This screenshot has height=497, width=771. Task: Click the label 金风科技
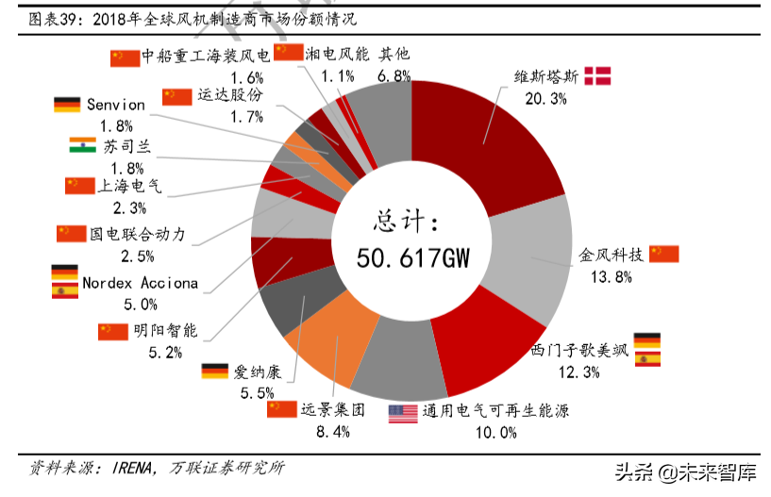pyautogui.click(x=611, y=254)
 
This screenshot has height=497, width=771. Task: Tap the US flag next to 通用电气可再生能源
pyautogui.click(x=403, y=412)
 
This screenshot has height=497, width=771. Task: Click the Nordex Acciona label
pyautogui.click(x=140, y=282)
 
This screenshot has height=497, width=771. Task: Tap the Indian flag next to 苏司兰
pyautogui.click(x=83, y=145)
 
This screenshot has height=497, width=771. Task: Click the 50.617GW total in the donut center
pyautogui.click(x=412, y=257)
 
